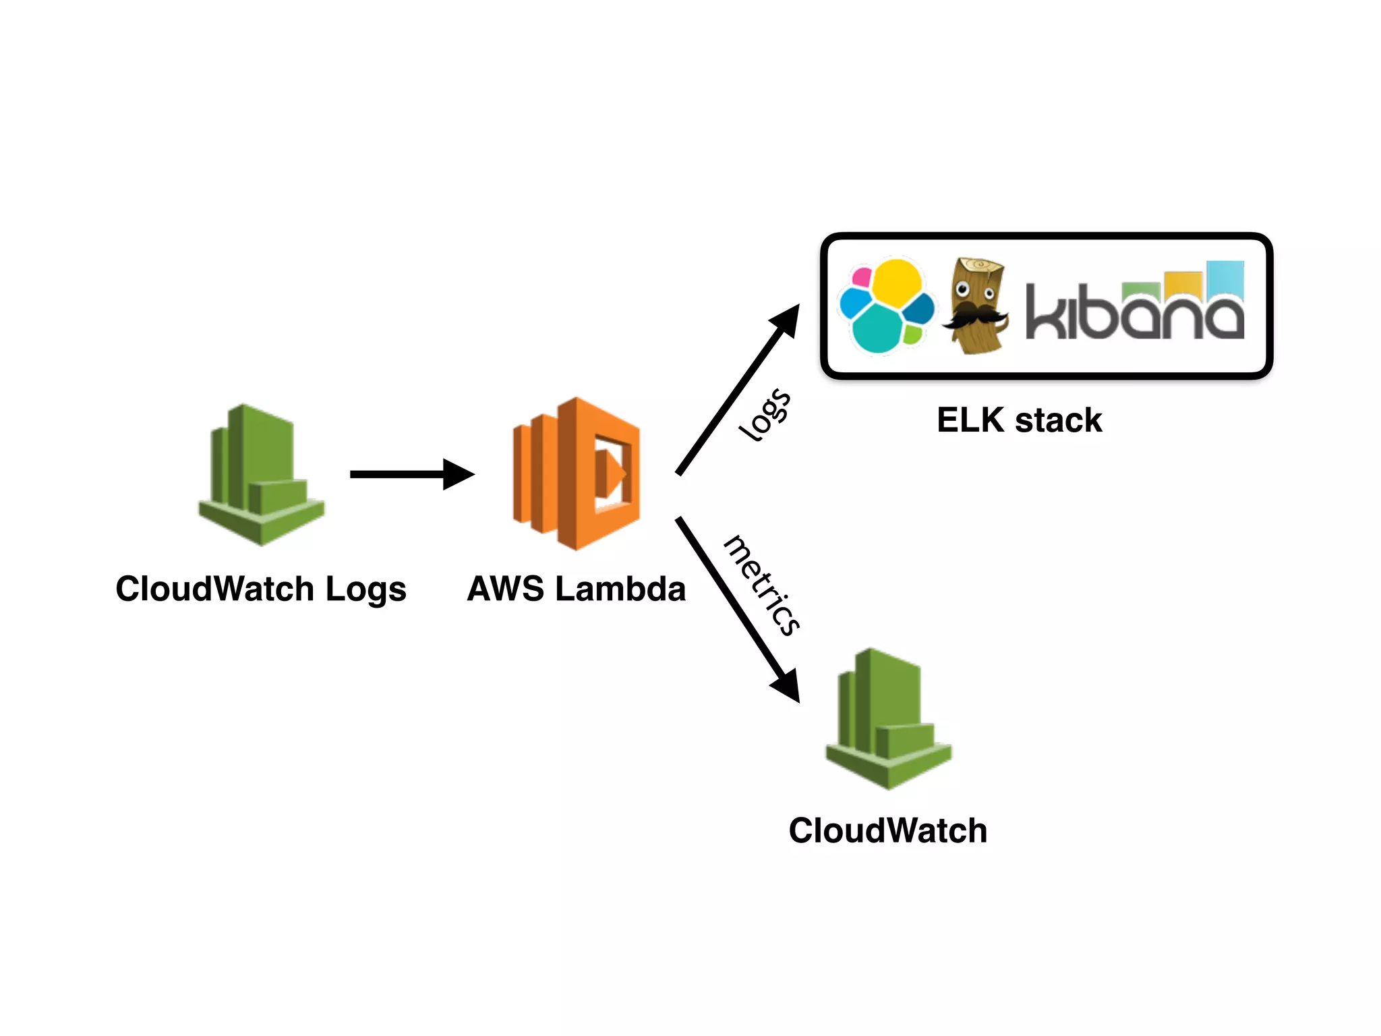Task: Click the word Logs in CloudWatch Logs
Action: point(365,589)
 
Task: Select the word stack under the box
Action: point(1058,420)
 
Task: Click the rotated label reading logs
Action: point(765,414)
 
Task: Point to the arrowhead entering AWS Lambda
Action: point(459,474)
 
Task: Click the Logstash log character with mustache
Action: point(976,306)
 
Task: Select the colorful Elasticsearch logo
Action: point(885,306)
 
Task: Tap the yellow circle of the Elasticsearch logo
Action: point(897,282)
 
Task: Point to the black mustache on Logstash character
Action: point(974,314)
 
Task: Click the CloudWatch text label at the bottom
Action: point(887,830)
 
